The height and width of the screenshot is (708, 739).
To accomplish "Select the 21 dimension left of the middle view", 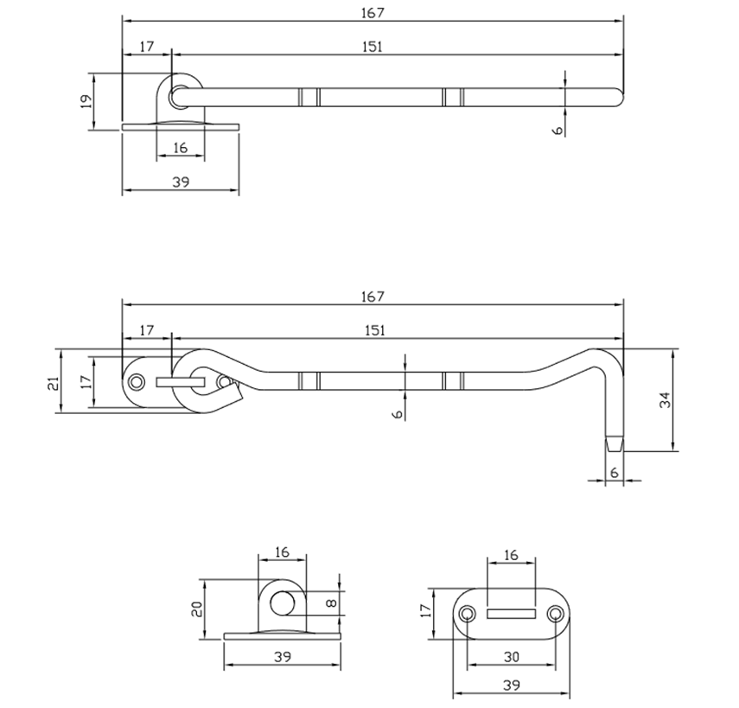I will [x=53, y=381].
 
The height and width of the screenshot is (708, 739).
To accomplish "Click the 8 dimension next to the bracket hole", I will [x=332, y=603].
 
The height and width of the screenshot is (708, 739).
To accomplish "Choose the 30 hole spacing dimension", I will [x=511, y=657].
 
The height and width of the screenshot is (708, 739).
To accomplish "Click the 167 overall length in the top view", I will [x=373, y=12].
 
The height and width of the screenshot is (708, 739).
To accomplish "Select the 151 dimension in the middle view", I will [x=373, y=329].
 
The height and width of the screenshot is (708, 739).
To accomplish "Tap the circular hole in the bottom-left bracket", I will [x=282, y=603].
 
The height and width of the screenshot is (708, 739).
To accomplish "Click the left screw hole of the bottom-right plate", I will [x=468, y=614].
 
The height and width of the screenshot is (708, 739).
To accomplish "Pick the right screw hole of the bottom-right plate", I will [x=555, y=614].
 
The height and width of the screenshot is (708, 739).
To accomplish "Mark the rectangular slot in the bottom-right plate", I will [x=511, y=613].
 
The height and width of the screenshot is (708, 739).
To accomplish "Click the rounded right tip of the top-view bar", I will [x=617, y=96].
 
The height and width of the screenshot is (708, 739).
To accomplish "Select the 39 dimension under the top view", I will [x=180, y=182].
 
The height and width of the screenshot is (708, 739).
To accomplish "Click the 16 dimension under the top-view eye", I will [x=180, y=148].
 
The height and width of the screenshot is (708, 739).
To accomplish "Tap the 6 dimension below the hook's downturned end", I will [x=614, y=472].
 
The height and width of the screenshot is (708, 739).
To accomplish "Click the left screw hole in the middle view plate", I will [x=135, y=381].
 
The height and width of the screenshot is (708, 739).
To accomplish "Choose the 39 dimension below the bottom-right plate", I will [x=511, y=686].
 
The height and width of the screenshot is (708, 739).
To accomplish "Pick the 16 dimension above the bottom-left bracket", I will [x=282, y=552].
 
